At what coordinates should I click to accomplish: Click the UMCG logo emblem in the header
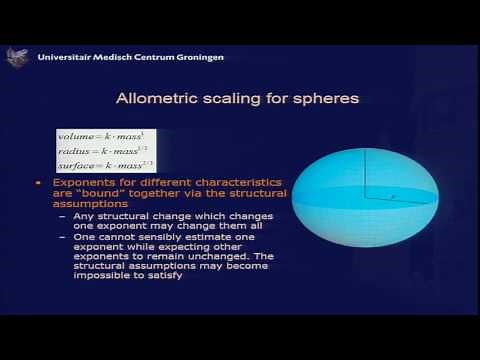[16, 57]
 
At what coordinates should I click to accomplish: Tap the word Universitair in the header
[64, 57]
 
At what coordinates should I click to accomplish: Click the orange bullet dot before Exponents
[39, 185]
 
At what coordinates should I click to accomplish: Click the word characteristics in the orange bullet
[194, 185]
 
